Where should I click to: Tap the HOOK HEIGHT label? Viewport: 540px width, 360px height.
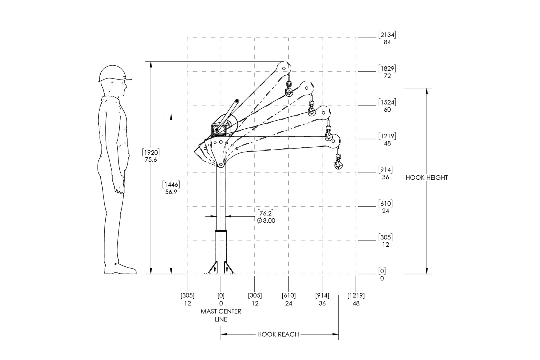click(427, 178)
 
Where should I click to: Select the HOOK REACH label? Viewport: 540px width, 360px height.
click(278, 334)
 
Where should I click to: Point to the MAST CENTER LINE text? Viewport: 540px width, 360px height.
click(221, 315)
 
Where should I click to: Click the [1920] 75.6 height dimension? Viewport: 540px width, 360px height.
click(151, 156)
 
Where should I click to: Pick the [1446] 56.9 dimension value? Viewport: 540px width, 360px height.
click(171, 188)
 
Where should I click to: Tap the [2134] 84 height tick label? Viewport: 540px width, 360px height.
click(387, 38)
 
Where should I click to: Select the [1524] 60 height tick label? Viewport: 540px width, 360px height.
click(387, 106)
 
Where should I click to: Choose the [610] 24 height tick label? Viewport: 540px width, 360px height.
click(385, 207)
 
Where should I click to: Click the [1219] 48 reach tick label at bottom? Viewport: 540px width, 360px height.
click(356, 299)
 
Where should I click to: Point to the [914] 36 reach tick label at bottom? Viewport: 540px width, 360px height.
click(322, 299)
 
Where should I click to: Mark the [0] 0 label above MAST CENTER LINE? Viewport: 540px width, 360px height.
click(221, 299)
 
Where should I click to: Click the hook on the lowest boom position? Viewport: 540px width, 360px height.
click(339, 162)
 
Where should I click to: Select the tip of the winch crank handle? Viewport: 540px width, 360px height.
click(237, 101)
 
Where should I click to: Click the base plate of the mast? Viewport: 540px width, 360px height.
click(221, 273)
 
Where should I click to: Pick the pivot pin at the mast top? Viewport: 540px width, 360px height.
click(221, 165)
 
